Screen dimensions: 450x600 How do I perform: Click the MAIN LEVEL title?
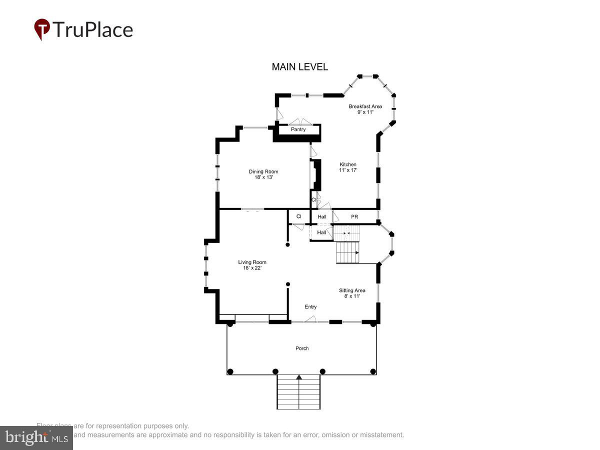click(299, 67)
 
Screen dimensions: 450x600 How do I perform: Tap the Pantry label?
click(298, 129)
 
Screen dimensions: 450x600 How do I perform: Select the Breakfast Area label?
click(365, 106)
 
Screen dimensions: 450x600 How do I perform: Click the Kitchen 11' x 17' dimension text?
click(348, 170)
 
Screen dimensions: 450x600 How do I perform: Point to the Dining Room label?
click(263, 172)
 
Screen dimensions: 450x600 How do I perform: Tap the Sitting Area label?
click(352, 290)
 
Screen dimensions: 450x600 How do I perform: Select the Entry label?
click(310, 307)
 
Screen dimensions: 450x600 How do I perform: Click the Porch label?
click(302, 348)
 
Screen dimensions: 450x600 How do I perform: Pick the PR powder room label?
click(354, 217)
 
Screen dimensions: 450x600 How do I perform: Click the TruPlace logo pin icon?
click(41, 29)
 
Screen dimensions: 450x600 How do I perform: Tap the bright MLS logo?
click(36, 437)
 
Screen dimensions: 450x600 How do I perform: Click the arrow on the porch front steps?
click(299, 377)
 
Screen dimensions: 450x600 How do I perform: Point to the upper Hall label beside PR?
click(321, 217)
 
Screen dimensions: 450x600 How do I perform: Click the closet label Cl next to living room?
click(298, 217)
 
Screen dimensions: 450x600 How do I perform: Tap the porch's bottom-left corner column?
click(230, 371)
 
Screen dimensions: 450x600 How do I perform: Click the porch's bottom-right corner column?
click(372, 371)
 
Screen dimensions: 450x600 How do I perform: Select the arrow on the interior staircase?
click(356, 253)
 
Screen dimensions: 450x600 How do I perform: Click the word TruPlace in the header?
click(92, 30)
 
